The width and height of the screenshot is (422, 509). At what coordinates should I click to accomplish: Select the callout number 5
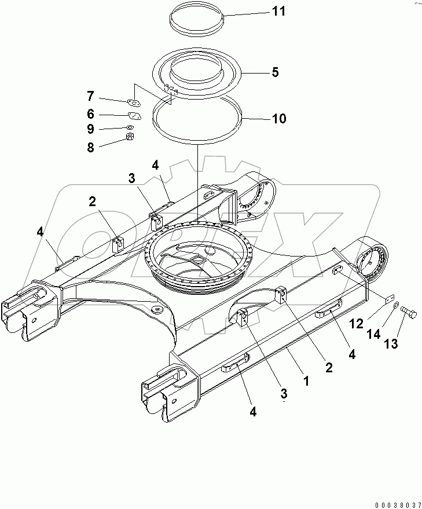(x=275, y=72)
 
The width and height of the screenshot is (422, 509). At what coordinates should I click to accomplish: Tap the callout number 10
(x=278, y=119)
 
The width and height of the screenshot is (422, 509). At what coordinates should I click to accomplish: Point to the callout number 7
(x=90, y=96)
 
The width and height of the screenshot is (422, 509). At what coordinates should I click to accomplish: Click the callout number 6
(x=90, y=114)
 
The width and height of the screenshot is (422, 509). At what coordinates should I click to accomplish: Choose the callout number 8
(x=90, y=147)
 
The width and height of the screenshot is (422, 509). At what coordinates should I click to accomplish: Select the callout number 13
(x=391, y=344)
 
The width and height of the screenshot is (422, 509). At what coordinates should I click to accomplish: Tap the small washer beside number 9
(x=131, y=127)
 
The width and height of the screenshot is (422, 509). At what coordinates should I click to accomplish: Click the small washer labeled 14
(x=395, y=305)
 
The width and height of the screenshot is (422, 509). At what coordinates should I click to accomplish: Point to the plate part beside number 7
(x=135, y=103)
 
